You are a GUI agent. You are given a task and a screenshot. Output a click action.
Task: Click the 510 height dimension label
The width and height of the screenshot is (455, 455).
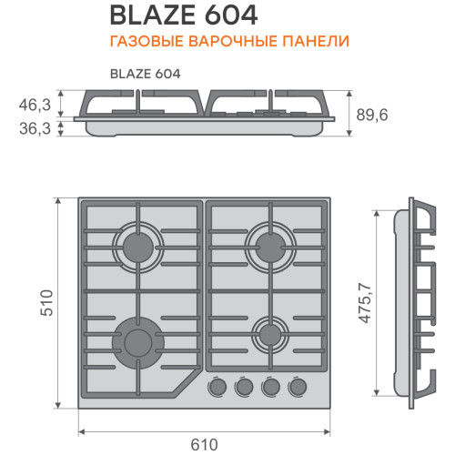47,303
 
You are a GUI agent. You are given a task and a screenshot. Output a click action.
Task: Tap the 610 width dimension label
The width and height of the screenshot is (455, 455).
204,445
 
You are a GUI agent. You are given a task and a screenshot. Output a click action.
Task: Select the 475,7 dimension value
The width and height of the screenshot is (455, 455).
365,303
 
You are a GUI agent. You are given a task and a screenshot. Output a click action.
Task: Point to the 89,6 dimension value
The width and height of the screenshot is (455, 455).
372,116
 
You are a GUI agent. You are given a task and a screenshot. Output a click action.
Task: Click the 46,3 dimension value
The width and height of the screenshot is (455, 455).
35,105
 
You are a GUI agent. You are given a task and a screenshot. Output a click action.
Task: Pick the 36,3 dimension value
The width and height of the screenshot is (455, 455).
35,128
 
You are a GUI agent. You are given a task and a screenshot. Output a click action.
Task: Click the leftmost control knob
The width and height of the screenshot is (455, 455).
217,387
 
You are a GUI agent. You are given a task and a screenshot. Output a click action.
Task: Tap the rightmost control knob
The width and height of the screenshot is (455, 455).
298,387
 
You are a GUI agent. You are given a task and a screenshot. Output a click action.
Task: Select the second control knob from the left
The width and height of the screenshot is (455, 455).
244,387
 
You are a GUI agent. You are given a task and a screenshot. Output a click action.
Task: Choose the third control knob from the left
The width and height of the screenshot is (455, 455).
271,387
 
